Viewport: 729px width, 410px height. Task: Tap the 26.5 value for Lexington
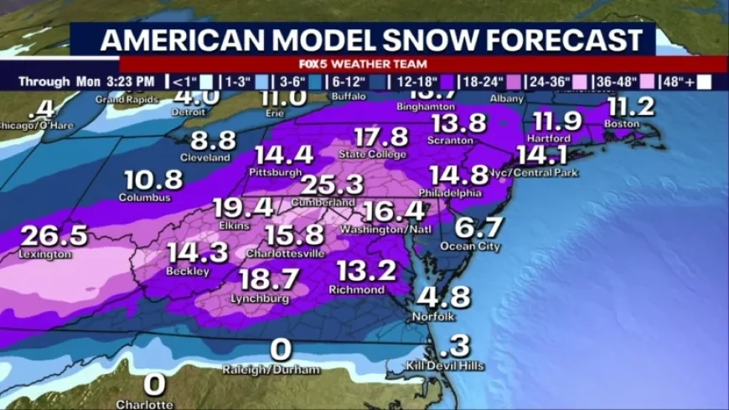(x=54, y=235)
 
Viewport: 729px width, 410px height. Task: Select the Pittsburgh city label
(x=275, y=172)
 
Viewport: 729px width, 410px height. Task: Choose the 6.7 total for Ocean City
(x=479, y=227)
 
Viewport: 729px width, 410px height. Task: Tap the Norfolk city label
(x=432, y=317)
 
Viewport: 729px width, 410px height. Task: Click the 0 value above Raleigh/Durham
(x=282, y=350)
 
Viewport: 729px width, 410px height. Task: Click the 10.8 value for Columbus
(x=153, y=179)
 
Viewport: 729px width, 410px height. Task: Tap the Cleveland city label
(x=204, y=158)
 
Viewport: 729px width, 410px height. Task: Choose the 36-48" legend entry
(x=616, y=81)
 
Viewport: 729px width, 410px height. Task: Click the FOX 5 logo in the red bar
(x=316, y=64)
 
